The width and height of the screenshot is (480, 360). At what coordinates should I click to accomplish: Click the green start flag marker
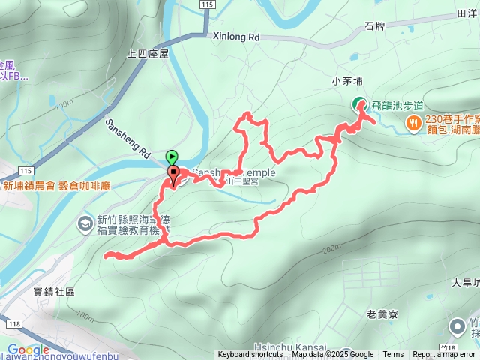[173, 157]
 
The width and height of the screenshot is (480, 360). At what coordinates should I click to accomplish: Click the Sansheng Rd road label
[127, 139]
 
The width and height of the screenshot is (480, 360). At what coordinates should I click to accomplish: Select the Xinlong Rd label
[235, 36]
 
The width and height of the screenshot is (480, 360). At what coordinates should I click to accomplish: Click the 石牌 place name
[375, 25]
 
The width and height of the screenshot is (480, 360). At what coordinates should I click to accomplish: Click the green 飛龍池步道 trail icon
[360, 105]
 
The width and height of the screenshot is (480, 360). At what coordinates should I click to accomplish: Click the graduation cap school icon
[85, 223]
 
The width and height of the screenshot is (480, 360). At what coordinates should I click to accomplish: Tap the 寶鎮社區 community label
[54, 292]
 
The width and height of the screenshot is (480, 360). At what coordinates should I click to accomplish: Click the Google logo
[28, 349]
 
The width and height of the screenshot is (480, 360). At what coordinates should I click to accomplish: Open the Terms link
[393, 355]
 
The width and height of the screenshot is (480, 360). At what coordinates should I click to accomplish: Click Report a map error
[444, 355]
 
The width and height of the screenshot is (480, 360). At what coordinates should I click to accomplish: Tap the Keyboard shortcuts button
[250, 355]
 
